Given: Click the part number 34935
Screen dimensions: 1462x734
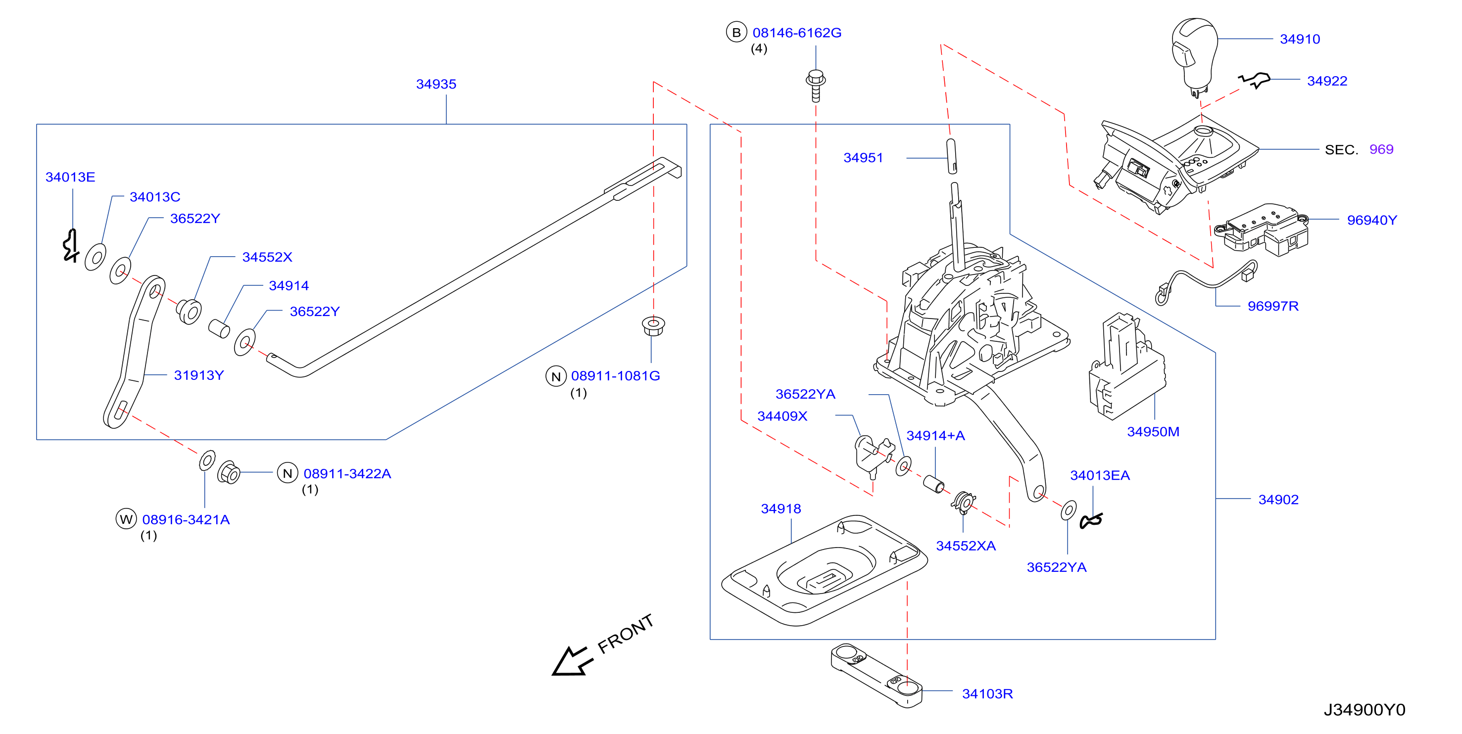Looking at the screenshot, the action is click(x=436, y=84).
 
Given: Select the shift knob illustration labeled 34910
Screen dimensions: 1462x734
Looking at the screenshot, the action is click(x=1194, y=57).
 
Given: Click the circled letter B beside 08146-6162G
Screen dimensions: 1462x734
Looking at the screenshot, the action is click(x=736, y=32).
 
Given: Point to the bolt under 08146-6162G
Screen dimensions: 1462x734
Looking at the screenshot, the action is click(x=816, y=86).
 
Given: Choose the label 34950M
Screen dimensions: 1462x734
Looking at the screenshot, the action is click(x=1153, y=432).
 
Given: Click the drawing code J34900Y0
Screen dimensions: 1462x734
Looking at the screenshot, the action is click(x=1364, y=710).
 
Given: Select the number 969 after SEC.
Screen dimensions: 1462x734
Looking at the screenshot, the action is click(x=1381, y=149).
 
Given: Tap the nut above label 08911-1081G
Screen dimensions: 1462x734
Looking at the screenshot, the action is click(x=653, y=326).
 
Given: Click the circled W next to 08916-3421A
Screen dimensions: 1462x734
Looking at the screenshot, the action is click(x=126, y=519).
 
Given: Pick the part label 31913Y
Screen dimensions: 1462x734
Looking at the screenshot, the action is click(x=198, y=375).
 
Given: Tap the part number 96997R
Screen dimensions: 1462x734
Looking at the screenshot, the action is click(x=1272, y=306).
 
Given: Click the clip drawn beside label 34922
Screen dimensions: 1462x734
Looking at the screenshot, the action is click(x=1254, y=80).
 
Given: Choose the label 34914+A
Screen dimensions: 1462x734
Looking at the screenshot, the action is click(x=935, y=436).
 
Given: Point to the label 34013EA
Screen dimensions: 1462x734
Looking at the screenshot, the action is click(x=1099, y=475).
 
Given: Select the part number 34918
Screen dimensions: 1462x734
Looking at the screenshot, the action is click(x=780, y=509).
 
